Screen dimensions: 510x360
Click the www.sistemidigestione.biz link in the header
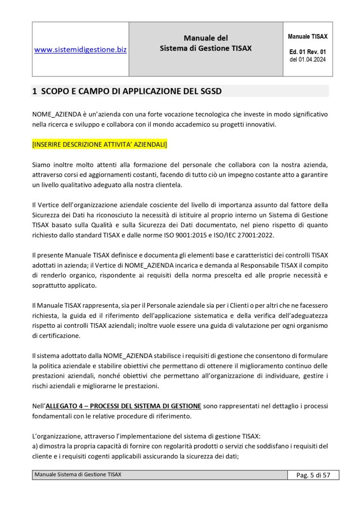(x=81, y=49)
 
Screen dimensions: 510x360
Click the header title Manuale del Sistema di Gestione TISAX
(x=206, y=43)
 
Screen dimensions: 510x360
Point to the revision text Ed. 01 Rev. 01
(x=307, y=52)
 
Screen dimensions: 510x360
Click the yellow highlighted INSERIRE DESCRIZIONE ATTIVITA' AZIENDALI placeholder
(x=99, y=145)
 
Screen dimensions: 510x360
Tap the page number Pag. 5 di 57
(x=313, y=475)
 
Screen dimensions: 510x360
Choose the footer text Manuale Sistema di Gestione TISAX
(x=78, y=475)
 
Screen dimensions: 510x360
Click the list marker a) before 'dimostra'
(x=35, y=446)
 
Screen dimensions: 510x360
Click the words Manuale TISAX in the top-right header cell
(x=307, y=36)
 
